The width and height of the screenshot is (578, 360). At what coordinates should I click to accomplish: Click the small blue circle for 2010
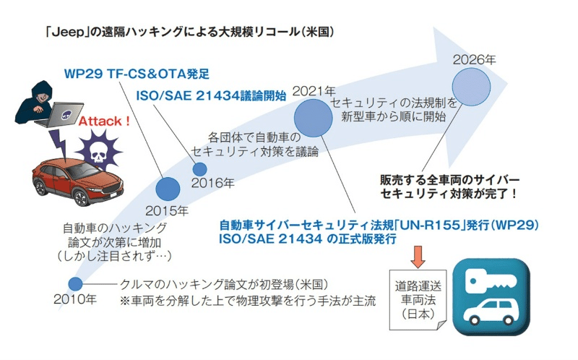point(75,284)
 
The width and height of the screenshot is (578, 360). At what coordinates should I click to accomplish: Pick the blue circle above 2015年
point(168,189)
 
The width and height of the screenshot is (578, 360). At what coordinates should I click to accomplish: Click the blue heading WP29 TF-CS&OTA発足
point(136,73)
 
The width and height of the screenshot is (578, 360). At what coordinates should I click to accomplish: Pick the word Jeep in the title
point(62,33)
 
